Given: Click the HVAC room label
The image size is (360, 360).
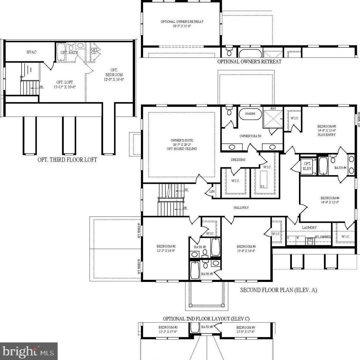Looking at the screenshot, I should point(31,52).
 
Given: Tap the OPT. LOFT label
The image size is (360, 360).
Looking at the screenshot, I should point(64,82).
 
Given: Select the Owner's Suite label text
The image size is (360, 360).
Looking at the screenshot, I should point(182,141).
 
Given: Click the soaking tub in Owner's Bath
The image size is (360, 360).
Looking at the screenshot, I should point(250,114).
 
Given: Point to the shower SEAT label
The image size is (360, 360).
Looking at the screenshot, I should point(273,109).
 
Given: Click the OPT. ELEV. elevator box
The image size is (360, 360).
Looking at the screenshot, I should point(307,166).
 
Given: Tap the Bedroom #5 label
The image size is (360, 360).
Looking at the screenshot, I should point(326,126).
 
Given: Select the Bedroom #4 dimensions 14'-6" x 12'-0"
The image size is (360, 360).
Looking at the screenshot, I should point(330,202).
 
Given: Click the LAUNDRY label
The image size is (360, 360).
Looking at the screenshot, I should point(309,227).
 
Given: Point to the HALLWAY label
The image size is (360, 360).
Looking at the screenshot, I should point(241,208).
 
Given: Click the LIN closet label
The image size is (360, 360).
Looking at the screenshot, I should point(212,192).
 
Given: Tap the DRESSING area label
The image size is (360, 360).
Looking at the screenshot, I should point(238,160).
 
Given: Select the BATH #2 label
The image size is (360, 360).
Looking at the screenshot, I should point(200,247).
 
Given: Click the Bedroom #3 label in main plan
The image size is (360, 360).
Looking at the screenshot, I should point(246,246).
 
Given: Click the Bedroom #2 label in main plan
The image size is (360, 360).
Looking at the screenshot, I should point(166,246).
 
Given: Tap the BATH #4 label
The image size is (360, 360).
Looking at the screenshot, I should point(340,168).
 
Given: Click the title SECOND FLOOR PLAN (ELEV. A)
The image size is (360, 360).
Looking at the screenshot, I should point(278,290).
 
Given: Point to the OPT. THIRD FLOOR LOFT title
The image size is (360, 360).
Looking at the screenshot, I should point(67,160).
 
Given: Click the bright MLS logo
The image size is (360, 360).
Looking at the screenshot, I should point(29,351).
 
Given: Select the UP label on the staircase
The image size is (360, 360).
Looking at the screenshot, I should point(186,189).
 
